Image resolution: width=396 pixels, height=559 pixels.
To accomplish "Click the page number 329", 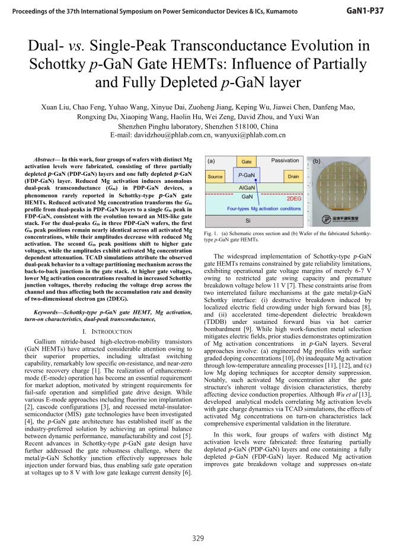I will point(198,538).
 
